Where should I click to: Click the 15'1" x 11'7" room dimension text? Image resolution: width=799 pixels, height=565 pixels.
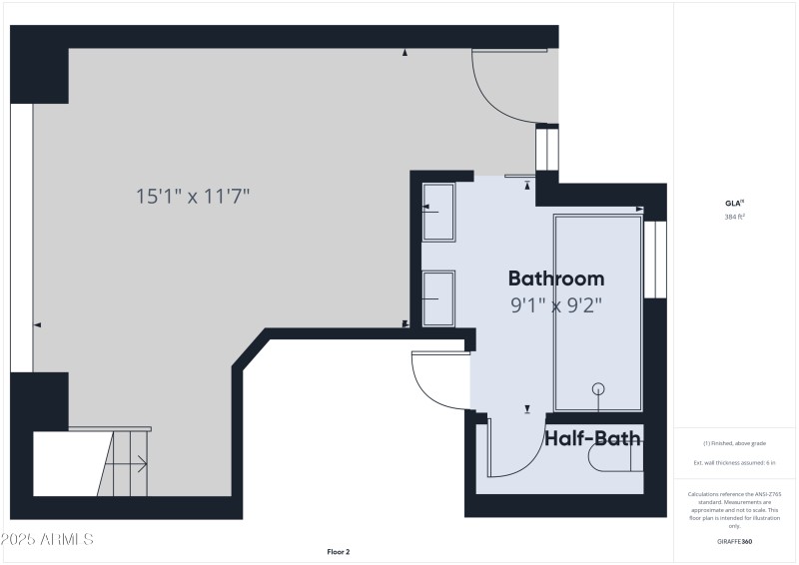point(193,197)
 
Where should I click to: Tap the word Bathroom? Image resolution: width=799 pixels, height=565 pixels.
point(555,279)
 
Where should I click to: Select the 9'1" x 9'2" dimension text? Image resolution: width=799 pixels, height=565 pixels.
point(555,305)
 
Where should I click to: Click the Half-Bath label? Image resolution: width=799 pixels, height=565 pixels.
point(592,437)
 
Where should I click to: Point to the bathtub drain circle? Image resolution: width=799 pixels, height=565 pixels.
point(598,389)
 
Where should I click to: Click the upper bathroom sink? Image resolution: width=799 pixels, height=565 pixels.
point(438,211)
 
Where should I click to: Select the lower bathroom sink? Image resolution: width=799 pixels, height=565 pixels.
point(438,297)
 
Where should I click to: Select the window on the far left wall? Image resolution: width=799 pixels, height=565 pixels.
point(21,238)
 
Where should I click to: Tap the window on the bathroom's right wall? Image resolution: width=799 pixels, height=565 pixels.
point(654,259)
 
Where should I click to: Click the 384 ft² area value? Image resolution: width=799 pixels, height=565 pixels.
point(735,217)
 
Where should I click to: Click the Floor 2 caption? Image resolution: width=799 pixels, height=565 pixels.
point(339,551)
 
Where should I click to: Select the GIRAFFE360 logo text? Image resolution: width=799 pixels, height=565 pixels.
point(735,541)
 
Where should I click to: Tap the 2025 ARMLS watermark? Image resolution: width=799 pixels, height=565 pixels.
point(47,539)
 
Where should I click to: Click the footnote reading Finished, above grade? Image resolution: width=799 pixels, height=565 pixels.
point(735,443)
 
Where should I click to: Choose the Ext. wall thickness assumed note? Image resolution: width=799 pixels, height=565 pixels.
point(735,463)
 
